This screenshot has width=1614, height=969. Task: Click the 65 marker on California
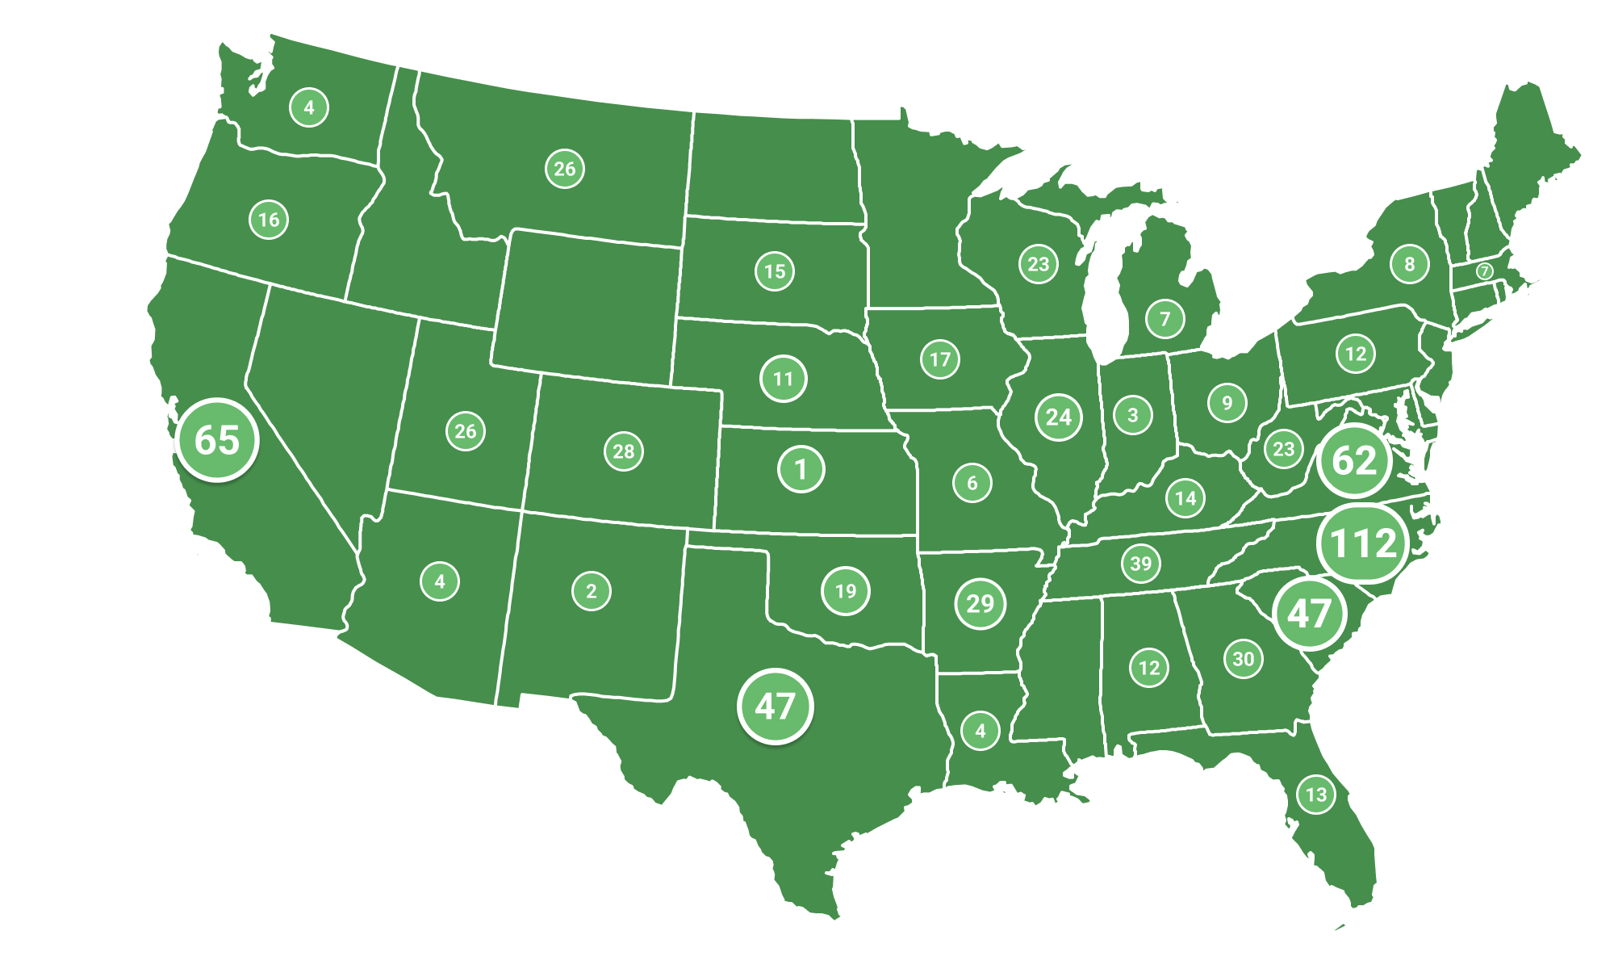click(x=217, y=440)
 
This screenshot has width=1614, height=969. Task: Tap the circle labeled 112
click(x=1362, y=543)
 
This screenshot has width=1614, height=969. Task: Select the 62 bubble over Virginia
click(x=1354, y=460)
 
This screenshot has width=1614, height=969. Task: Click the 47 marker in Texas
click(x=775, y=707)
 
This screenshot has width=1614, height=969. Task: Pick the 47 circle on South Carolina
click(x=1309, y=614)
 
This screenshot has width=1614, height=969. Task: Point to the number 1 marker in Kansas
click(x=801, y=469)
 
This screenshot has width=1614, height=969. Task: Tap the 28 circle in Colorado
click(x=624, y=451)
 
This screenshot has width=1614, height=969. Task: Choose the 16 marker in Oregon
click(x=269, y=220)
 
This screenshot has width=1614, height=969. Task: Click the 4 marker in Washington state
click(x=309, y=107)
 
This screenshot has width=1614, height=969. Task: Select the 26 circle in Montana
click(x=564, y=169)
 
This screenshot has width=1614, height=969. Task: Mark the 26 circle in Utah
click(x=466, y=431)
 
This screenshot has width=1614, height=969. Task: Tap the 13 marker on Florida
click(x=1316, y=795)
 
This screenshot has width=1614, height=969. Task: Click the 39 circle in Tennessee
click(x=1141, y=564)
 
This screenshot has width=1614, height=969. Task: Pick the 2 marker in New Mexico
click(x=592, y=591)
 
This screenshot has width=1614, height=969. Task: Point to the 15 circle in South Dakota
click(x=775, y=271)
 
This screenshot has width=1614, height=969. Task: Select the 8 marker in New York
click(x=1410, y=264)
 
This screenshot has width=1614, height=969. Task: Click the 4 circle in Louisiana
click(x=981, y=731)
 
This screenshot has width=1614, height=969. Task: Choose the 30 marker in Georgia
click(x=1243, y=659)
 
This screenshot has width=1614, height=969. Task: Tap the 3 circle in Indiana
click(x=1133, y=415)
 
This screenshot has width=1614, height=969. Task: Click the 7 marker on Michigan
click(x=1165, y=319)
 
